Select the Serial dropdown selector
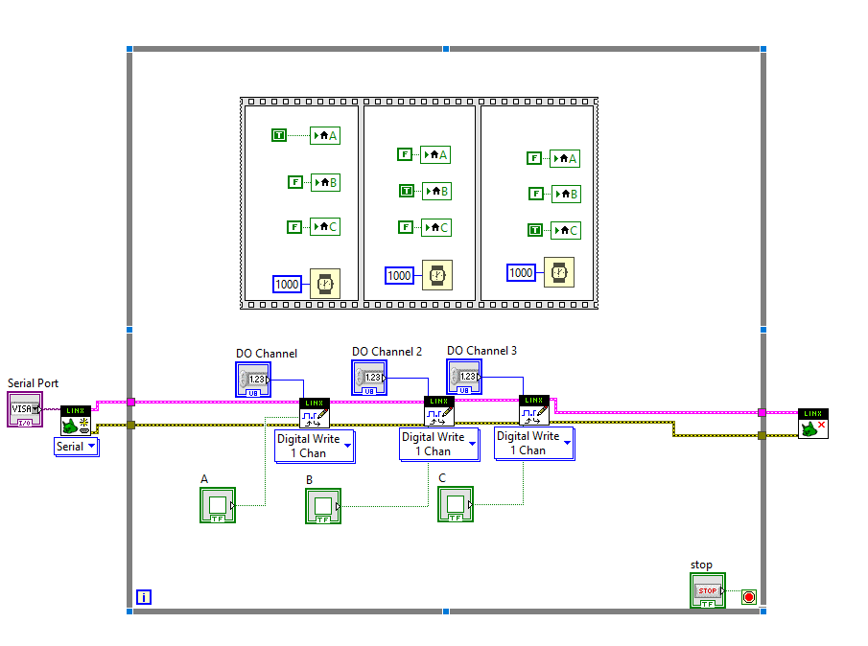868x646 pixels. pos(77,447)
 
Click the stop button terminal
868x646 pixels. pos(708,590)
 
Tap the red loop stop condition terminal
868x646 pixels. pos(749,597)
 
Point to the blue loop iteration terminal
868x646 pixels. pos(144,597)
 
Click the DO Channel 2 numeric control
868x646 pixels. pos(369,378)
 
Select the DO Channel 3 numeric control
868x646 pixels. pos(464,377)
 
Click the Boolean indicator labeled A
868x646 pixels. pos(218,505)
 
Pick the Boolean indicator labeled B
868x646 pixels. pos(323,506)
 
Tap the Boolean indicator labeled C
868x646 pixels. pos(456,504)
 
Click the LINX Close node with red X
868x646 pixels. pos(812,424)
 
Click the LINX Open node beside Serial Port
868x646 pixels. pos(75,420)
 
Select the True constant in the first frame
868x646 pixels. pos(279,135)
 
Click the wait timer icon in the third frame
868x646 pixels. pos(559,272)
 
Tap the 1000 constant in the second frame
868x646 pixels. pos(399,276)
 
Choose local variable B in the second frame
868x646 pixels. pos(436,191)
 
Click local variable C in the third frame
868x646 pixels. pos(566,230)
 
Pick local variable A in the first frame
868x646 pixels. pos(326,135)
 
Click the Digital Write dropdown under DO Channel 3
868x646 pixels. pos(534,443)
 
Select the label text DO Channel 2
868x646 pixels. pos(387,352)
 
